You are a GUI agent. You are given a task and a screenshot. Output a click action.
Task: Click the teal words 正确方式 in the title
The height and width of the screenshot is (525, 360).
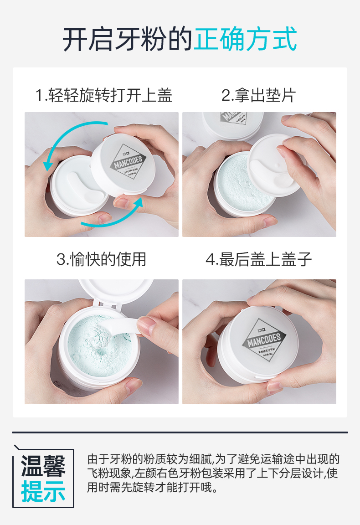(x=245, y=40)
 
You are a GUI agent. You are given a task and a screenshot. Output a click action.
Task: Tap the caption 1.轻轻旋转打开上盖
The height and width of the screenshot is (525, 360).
(x=104, y=96)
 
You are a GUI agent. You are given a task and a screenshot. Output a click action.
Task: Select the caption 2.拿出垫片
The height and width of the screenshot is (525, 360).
(x=258, y=96)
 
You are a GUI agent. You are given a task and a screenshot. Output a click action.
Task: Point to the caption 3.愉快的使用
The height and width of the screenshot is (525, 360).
(x=101, y=259)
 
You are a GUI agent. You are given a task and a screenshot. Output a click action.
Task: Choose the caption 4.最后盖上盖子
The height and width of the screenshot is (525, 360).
(x=258, y=259)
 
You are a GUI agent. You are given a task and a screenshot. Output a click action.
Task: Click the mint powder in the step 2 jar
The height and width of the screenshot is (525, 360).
(x=237, y=187)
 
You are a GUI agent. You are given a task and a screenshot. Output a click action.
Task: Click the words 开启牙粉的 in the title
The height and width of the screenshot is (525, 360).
(x=128, y=40)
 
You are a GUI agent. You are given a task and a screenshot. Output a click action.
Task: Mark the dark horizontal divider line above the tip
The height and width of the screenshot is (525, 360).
(x=180, y=432)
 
